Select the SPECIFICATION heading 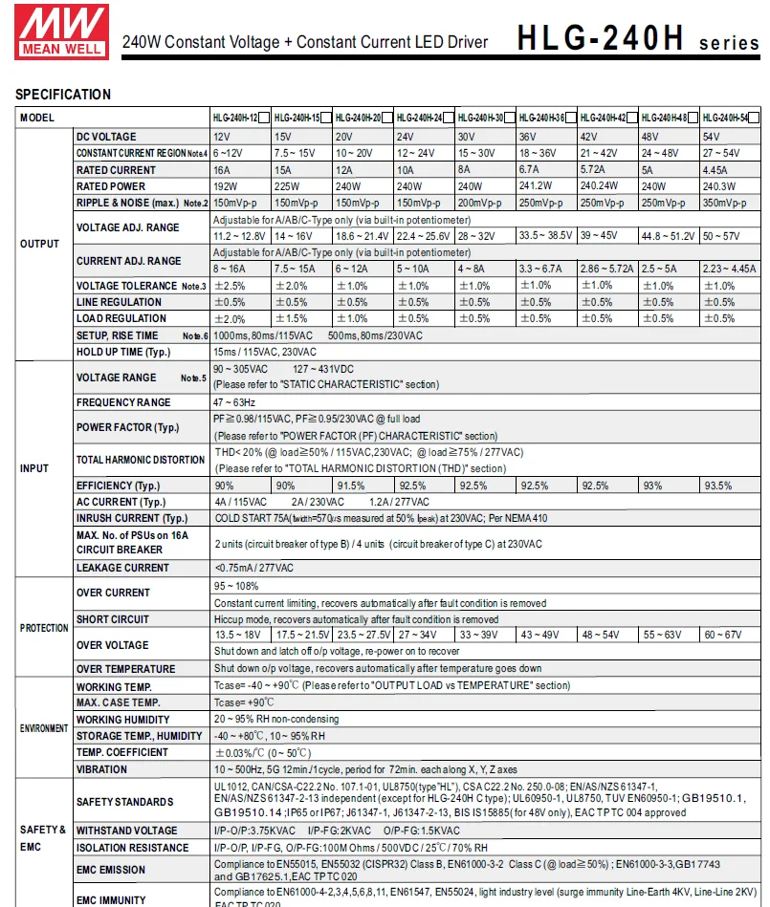[63, 95]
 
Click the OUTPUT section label [39, 244]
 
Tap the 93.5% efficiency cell [718, 486]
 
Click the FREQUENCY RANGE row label [123, 402]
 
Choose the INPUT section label [34, 468]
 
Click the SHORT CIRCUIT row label [113, 619]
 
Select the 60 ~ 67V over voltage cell [722, 636]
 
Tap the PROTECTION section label [45, 628]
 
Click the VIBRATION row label [101, 768]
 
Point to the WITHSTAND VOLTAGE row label [126, 831]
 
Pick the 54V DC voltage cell [712, 137]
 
